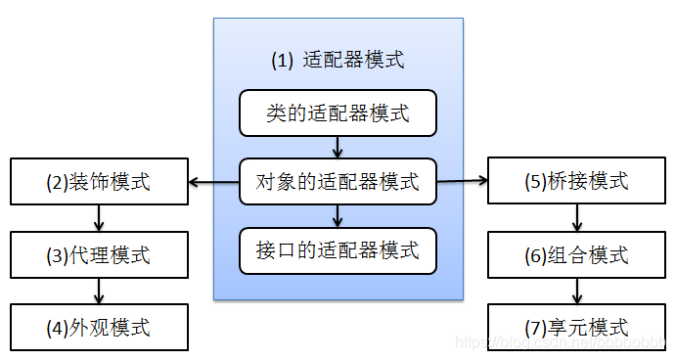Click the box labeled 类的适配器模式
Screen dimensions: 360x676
338,113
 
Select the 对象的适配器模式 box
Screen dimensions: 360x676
338,181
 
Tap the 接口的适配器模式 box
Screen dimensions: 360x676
338,249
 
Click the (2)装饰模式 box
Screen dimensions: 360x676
98,182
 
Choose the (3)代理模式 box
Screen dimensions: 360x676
98,255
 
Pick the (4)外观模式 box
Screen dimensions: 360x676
98,327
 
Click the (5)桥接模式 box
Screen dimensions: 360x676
577,182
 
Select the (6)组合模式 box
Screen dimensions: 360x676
577,255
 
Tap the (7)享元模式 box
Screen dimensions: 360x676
577,327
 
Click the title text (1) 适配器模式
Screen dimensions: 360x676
338,60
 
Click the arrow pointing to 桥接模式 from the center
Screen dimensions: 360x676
462,181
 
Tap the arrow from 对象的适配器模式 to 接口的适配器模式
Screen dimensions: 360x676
338,215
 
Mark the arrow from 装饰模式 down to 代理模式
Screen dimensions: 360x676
98,218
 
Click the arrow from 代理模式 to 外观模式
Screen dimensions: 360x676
98,292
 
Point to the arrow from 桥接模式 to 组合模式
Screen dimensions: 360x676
577,218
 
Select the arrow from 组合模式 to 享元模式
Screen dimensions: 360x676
577,292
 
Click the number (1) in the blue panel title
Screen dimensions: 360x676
282,60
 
